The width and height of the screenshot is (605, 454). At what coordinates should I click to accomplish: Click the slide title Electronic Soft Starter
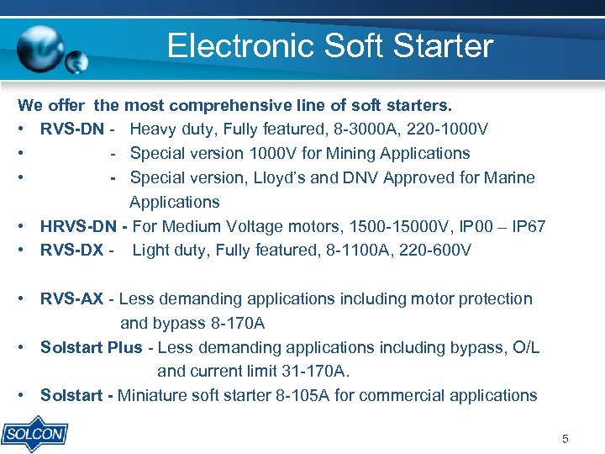[329, 45]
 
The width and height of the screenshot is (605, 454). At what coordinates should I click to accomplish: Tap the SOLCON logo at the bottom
[34, 434]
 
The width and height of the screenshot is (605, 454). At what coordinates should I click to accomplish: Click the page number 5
[565, 439]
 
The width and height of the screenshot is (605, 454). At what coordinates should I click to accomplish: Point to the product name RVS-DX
[71, 250]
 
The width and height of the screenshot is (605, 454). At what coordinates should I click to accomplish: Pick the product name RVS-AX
[71, 298]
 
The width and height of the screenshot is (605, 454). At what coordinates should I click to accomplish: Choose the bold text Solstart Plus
[92, 347]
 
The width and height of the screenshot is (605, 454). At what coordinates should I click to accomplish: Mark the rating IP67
[530, 226]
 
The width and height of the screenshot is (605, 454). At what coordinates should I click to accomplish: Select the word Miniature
[154, 395]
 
